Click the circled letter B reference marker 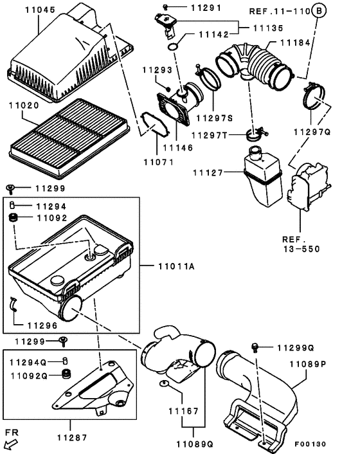coord(319,10)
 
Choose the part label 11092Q coord(32,374)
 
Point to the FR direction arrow coord(10,444)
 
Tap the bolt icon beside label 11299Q coord(256,347)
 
